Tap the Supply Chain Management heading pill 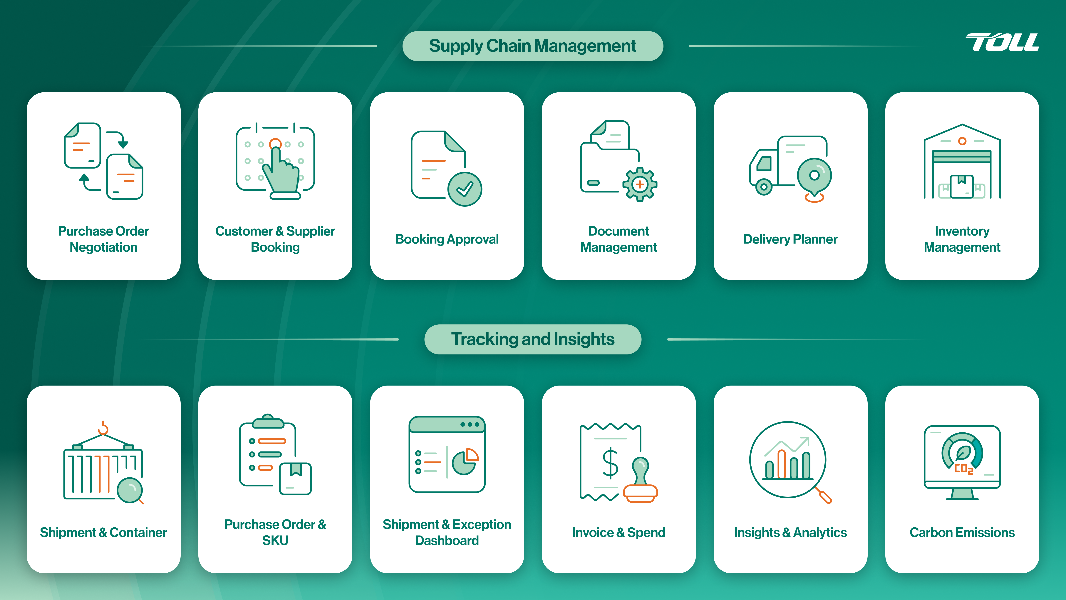tap(533, 46)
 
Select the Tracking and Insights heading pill tap(533, 339)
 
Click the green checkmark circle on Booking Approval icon tap(465, 189)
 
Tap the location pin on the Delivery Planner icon tap(814, 176)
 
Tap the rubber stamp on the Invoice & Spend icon tap(640, 480)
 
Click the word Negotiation tap(103, 247)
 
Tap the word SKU tap(275, 540)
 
